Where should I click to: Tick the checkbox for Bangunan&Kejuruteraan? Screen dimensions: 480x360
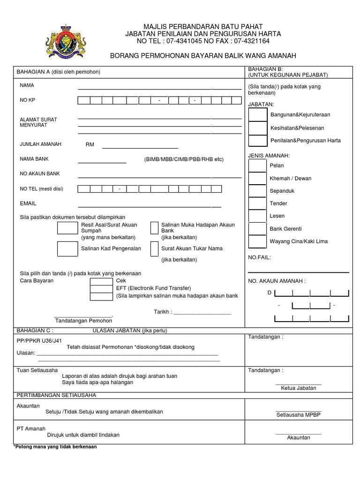(258, 115)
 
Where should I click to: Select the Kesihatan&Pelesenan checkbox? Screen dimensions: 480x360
(258, 128)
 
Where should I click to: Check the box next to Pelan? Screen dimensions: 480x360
(257, 166)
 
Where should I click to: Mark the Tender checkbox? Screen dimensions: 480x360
(257, 204)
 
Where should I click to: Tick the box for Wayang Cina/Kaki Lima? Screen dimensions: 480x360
(257, 242)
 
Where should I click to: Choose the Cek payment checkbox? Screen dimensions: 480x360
(101, 281)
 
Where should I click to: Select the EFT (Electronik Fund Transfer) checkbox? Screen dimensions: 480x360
(101, 288)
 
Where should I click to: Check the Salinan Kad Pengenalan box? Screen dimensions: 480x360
(67, 249)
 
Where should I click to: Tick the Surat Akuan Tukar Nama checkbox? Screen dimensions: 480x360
(154, 249)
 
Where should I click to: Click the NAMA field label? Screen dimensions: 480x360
(27, 86)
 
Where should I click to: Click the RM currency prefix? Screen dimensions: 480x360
(90, 145)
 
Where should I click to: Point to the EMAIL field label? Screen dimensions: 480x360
(28, 204)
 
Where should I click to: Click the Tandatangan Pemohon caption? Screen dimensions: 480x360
(83, 321)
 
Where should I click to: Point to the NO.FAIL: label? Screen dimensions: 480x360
(259, 257)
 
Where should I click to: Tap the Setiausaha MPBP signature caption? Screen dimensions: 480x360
(299, 415)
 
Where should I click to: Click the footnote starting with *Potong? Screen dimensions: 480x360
(55, 447)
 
